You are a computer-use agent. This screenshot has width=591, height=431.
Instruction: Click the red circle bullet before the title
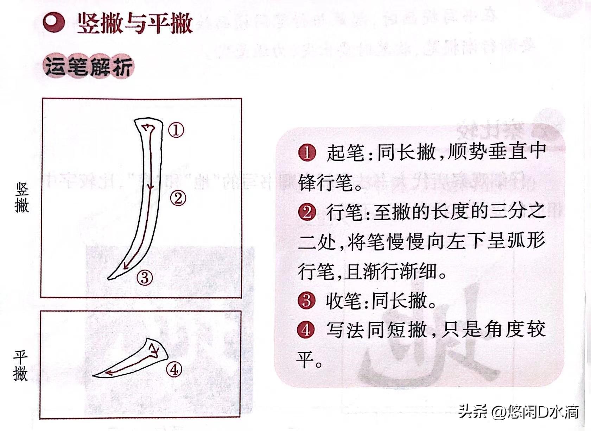click(x=53, y=23)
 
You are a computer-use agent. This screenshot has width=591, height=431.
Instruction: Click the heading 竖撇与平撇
click(x=135, y=24)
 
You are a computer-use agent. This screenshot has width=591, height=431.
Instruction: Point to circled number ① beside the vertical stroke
click(x=176, y=130)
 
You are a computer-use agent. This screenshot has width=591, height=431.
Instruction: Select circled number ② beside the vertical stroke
click(x=178, y=198)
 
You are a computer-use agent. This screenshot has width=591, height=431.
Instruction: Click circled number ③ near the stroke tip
click(x=145, y=277)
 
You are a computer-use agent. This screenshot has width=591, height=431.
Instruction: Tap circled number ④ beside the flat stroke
click(x=174, y=370)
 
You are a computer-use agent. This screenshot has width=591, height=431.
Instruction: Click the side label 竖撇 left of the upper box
click(x=22, y=198)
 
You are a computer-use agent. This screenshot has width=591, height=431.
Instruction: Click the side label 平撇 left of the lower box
click(x=20, y=366)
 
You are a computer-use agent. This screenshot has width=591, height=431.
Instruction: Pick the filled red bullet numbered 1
click(x=307, y=153)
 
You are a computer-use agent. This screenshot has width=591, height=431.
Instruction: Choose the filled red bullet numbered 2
click(x=307, y=212)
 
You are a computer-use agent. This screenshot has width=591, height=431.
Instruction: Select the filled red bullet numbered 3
click(x=306, y=301)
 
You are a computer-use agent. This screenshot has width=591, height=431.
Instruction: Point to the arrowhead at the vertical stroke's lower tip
click(x=126, y=266)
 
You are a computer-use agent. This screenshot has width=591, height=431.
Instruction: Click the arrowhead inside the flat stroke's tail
click(x=109, y=373)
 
